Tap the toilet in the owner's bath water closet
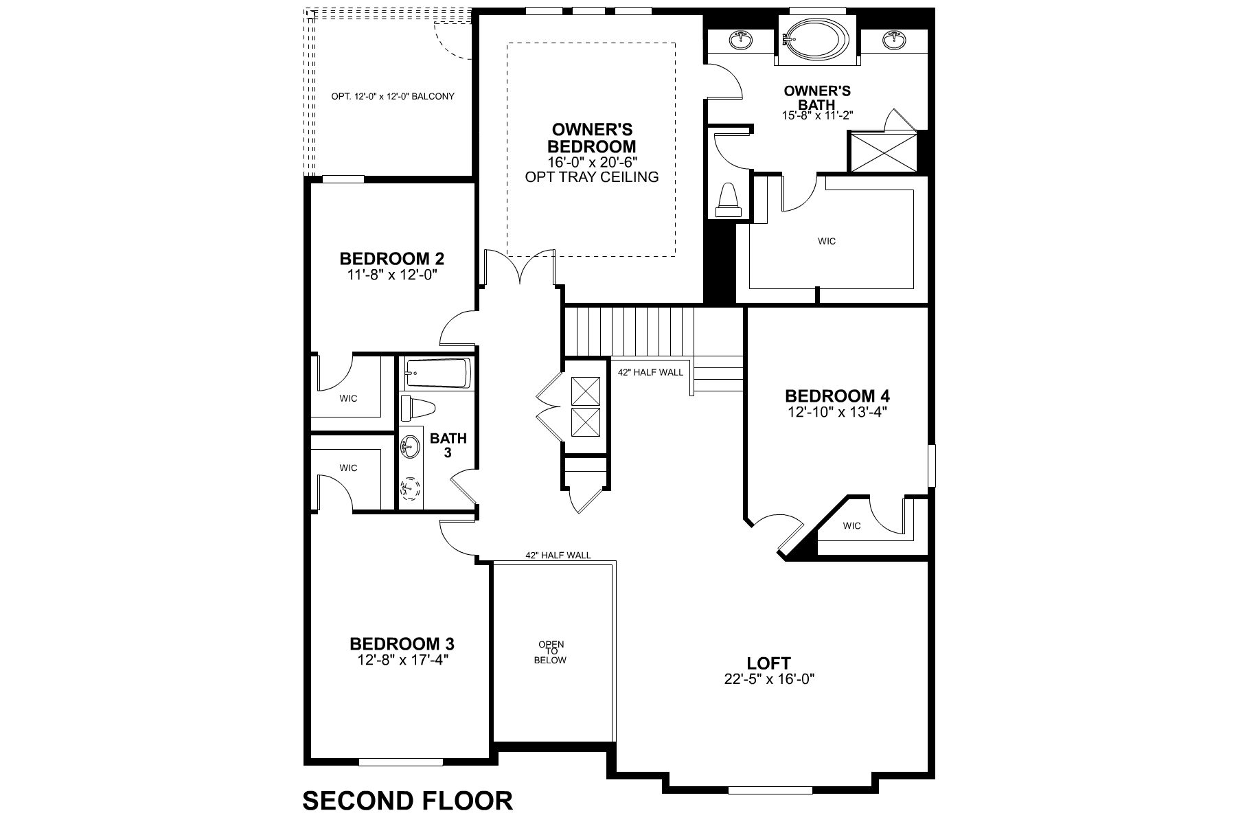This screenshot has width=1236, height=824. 727,200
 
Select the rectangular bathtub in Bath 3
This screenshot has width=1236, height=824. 437,374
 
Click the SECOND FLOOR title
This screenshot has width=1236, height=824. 407,801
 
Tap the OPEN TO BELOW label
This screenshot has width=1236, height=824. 552,652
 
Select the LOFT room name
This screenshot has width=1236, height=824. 768,663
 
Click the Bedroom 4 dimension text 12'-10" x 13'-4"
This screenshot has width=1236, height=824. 837,412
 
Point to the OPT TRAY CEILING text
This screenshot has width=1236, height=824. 591,177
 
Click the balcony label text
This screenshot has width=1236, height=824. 393,97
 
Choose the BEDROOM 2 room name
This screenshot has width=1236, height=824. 392,259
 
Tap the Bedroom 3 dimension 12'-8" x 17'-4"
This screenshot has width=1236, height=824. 402,660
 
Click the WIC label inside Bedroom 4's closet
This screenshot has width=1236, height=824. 851,526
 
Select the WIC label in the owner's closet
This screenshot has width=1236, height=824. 827,241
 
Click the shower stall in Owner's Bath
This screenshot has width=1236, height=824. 884,152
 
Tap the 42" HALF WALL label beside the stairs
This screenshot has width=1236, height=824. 650,372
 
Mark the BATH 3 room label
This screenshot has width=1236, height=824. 448,445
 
